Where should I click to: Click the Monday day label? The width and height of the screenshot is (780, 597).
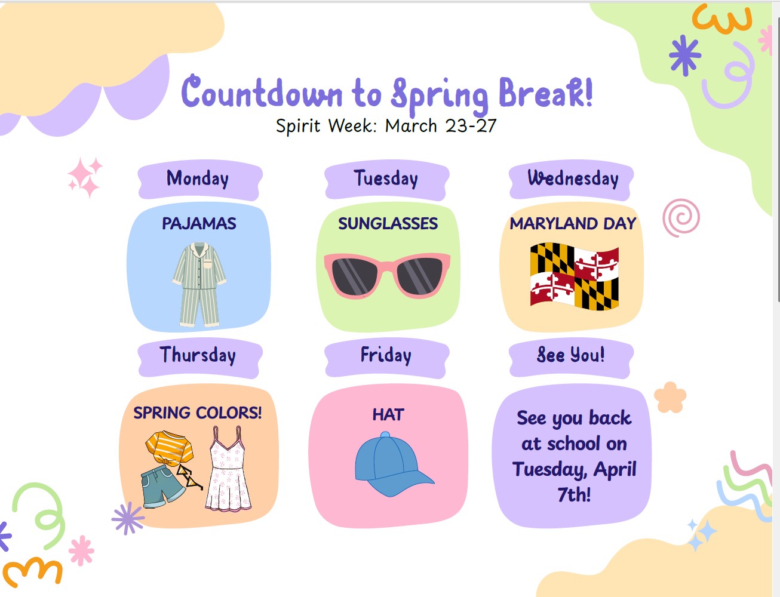pos(198,179)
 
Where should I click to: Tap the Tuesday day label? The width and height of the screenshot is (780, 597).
pos(386,179)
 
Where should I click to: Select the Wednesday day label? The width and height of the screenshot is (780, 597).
pos(572,179)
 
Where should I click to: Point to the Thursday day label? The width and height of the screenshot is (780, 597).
pos(198,355)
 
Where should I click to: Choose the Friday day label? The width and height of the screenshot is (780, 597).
pos(386,355)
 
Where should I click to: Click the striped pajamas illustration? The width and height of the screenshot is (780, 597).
pos(199,284)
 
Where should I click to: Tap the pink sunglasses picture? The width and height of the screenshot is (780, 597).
pos(387,275)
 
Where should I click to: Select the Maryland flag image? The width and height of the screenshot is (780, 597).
pos(574,276)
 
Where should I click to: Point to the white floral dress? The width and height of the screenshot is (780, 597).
pos(228,472)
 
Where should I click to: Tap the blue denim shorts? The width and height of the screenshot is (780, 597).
pos(161,485)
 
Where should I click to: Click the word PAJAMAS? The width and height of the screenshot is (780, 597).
pos(199,224)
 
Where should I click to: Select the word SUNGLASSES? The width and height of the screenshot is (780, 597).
pos(388,224)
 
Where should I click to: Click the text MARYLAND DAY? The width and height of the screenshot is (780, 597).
pos(573,224)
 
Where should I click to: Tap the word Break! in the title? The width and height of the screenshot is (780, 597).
pos(545,94)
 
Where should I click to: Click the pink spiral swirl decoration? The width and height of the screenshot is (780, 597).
pos(681,217)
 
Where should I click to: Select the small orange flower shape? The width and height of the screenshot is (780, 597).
pos(670,398)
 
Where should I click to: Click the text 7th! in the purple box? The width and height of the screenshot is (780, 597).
pos(574,495)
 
